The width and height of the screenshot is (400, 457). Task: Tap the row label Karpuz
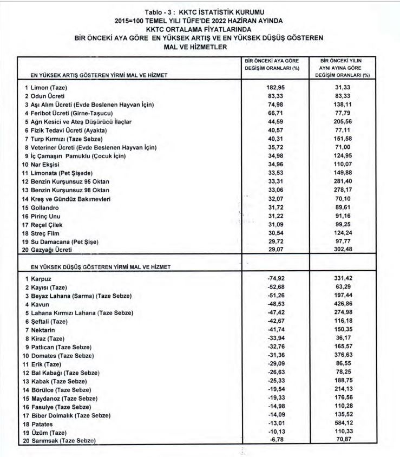click(41, 278)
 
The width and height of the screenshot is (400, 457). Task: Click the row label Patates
click(42, 423)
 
